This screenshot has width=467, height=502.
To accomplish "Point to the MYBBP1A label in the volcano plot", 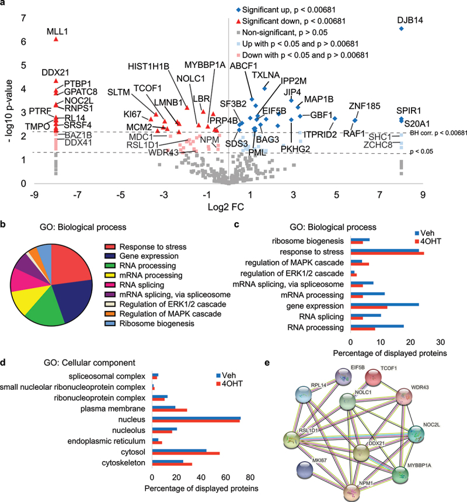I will point(205,65).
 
